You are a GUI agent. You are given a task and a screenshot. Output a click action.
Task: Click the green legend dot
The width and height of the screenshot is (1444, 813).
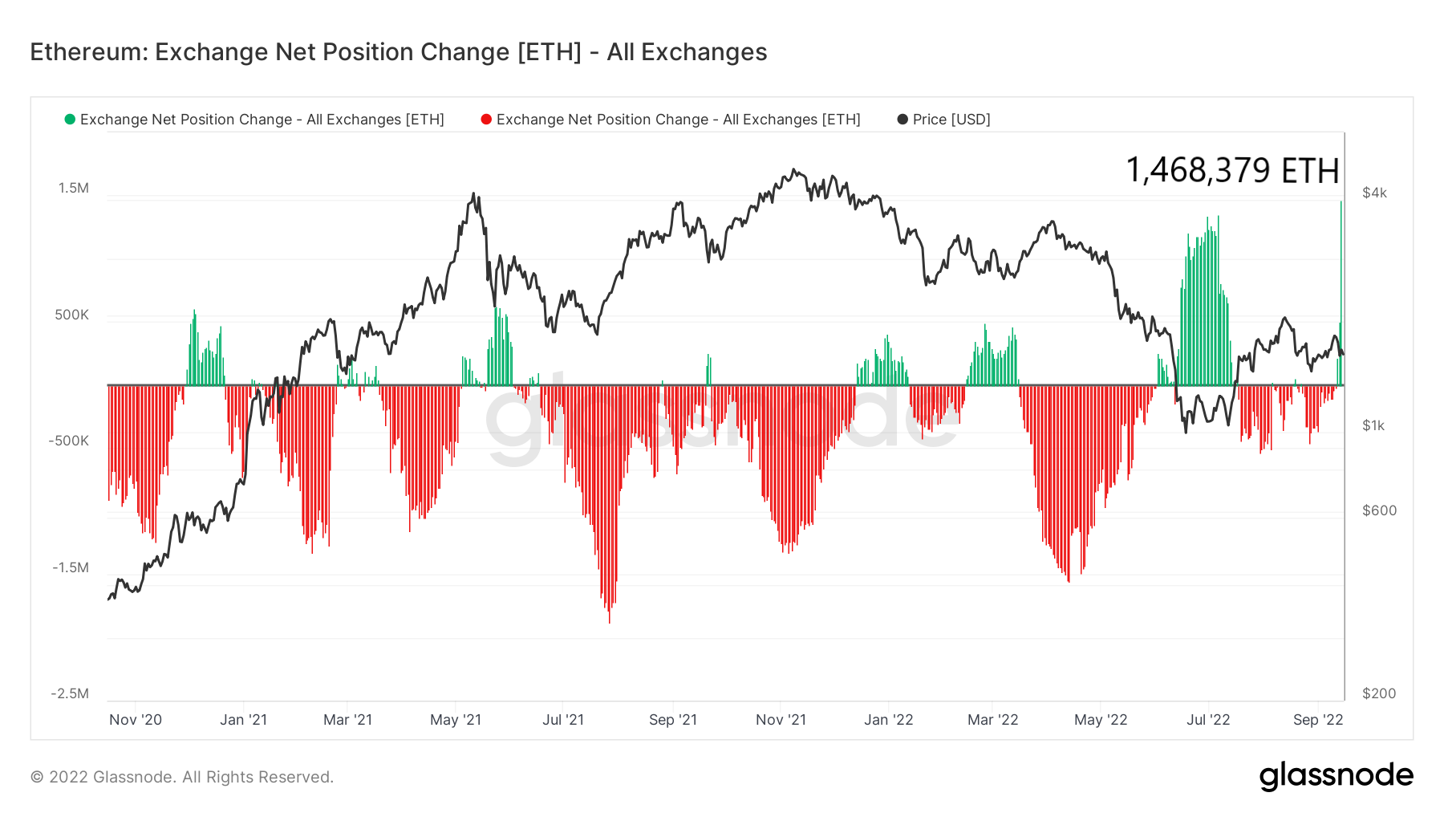pos(70,120)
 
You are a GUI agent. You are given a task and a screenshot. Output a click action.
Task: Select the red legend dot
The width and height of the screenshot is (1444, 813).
pos(486,120)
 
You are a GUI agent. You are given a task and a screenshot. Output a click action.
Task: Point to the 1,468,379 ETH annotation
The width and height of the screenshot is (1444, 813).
pos(1231,170)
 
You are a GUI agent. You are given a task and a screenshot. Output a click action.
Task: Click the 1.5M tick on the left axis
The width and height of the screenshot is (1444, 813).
pos(73,188)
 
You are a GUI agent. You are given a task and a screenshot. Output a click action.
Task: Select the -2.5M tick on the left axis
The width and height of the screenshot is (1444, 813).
pos(70,693)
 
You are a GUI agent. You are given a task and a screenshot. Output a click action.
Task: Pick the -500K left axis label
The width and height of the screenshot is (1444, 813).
pos(68,441)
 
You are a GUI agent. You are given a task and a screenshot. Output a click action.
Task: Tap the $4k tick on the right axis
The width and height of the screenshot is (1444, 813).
pos(1374,193)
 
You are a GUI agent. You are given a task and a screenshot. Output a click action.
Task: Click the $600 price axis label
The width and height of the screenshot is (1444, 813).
pos(1379,510)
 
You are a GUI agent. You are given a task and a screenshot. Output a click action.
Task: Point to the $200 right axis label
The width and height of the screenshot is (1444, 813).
pos(1379,693)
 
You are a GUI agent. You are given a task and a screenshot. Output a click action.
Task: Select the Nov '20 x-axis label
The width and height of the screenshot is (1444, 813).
pos(136,720)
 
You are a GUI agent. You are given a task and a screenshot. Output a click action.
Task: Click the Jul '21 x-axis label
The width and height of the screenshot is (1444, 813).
pos(563,720)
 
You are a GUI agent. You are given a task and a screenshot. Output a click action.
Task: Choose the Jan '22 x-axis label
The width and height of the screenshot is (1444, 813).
pos(888,720)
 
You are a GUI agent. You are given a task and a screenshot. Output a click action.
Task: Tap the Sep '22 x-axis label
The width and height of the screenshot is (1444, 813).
pos(1317,720)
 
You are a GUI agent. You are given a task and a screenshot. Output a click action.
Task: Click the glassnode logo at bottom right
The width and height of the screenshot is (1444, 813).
pos(1336,776)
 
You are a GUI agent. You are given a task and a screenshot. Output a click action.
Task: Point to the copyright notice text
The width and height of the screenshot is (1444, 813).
pos(182,777)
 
